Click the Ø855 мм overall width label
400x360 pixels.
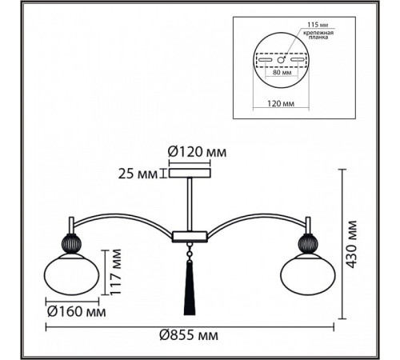189,335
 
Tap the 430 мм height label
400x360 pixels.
351,244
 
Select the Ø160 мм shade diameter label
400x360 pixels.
77,311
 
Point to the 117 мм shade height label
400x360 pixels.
116,272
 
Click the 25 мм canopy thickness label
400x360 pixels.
138,174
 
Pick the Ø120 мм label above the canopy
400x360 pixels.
198,152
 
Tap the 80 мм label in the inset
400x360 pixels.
282,72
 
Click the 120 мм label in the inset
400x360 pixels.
281,103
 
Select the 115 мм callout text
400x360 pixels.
318,25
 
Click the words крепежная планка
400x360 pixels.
318,35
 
